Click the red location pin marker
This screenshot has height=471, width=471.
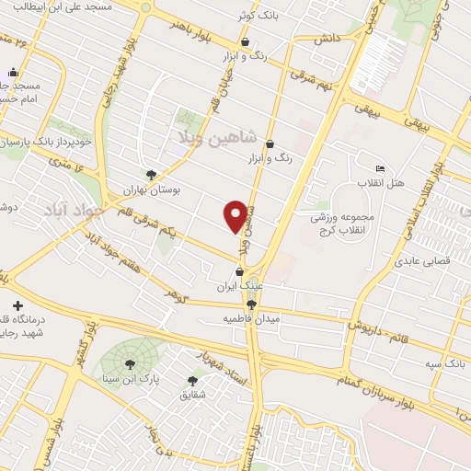pyautogui.click(x=236, y=215)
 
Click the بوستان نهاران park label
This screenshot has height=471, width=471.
pyautogui.click(x=153, y=189)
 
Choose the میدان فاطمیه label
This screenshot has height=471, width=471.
pyautogui.click(x=251, y=319)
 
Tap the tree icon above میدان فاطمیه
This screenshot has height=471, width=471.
pyautogui.click(x=251, y=305)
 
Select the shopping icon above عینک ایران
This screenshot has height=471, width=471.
pyautogui.click(x=241, y=272)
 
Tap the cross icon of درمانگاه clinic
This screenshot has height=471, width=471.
pyautogui.click(x=17, y=304)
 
